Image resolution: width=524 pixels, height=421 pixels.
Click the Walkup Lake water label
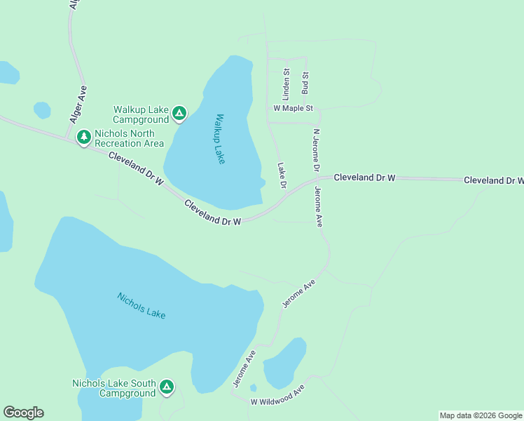(x=219, y=139)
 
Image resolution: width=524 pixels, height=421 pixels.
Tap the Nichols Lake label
(x=142, y=305)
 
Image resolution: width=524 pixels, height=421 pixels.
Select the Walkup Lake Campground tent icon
(x=179, y=112)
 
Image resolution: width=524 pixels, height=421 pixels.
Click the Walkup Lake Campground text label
(x=141, y=115)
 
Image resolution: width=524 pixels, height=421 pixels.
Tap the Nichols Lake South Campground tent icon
(x=167, y=386)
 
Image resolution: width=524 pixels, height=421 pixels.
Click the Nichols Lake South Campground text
(x=113, y=388)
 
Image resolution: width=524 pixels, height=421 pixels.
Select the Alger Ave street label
(x=79, y=105)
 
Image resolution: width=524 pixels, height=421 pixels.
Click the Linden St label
(x=286, y=81)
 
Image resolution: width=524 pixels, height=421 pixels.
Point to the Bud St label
(x=305, y=83)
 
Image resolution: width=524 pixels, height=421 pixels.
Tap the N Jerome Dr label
(x=316, y=150)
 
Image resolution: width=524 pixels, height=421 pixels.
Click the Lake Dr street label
(x=282, y=175)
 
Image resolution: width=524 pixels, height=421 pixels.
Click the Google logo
(x=23, y=413)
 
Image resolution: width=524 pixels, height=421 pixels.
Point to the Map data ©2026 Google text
(x=481, y=415)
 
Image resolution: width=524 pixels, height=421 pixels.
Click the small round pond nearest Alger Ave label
(x=42, y=110)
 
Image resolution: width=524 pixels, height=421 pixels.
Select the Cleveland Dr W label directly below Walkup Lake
(x=212, y=213)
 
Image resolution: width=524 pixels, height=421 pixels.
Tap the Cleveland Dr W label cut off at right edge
(x=493, y=180)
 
